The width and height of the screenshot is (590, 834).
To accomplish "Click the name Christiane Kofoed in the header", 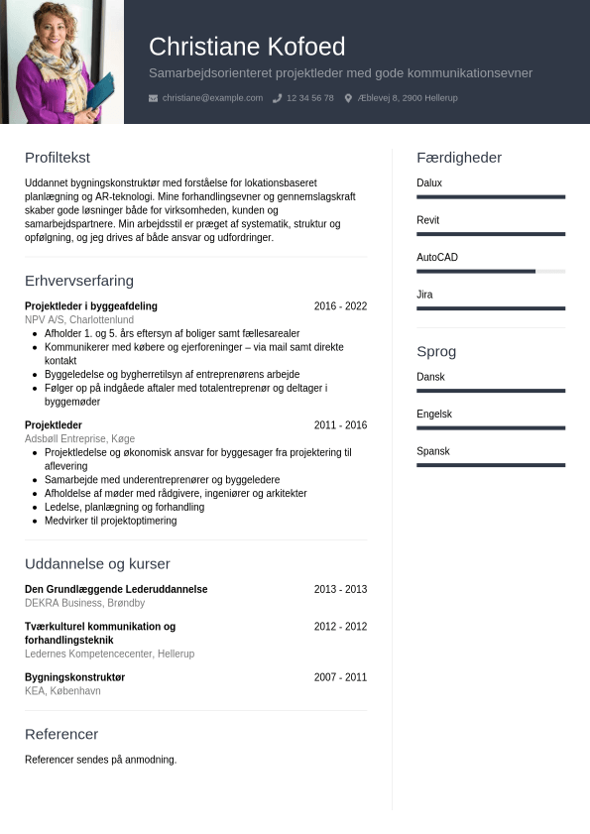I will [x=247, y=47].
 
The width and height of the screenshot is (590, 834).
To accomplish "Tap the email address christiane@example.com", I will [x=212, y=98].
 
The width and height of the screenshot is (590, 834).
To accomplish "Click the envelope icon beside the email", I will [x=153, y=98].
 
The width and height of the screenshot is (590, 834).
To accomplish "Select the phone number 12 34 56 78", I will [x=309, y=98].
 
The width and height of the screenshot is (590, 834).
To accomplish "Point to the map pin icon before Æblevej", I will [x=348, y=98].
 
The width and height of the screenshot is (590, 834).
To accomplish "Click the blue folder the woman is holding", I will [x=101, y=92].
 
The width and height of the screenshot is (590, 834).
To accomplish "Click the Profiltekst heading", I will [x=58, y=158].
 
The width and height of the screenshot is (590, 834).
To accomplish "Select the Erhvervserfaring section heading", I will [x=79, y=281].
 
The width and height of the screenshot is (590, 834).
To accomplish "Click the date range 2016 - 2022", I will [x=340, y=306].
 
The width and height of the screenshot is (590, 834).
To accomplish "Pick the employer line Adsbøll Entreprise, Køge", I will [x=79, y=438].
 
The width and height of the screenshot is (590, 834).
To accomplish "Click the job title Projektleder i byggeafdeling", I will [x=91, y=306].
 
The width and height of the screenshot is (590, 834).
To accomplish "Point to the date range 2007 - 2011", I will [x=340, y=677].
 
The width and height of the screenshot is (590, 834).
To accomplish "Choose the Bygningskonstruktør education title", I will [x=74, y=677].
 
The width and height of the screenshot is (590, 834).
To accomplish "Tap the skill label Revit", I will [x=427, y=220].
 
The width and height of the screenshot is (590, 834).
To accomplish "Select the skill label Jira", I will [x=424, y=295].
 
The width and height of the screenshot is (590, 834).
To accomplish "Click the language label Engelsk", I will [x=434, y=414].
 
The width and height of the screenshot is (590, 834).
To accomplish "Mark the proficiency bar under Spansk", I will [x=491, y=464].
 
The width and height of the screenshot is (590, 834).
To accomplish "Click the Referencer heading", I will [x=61, y=734].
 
